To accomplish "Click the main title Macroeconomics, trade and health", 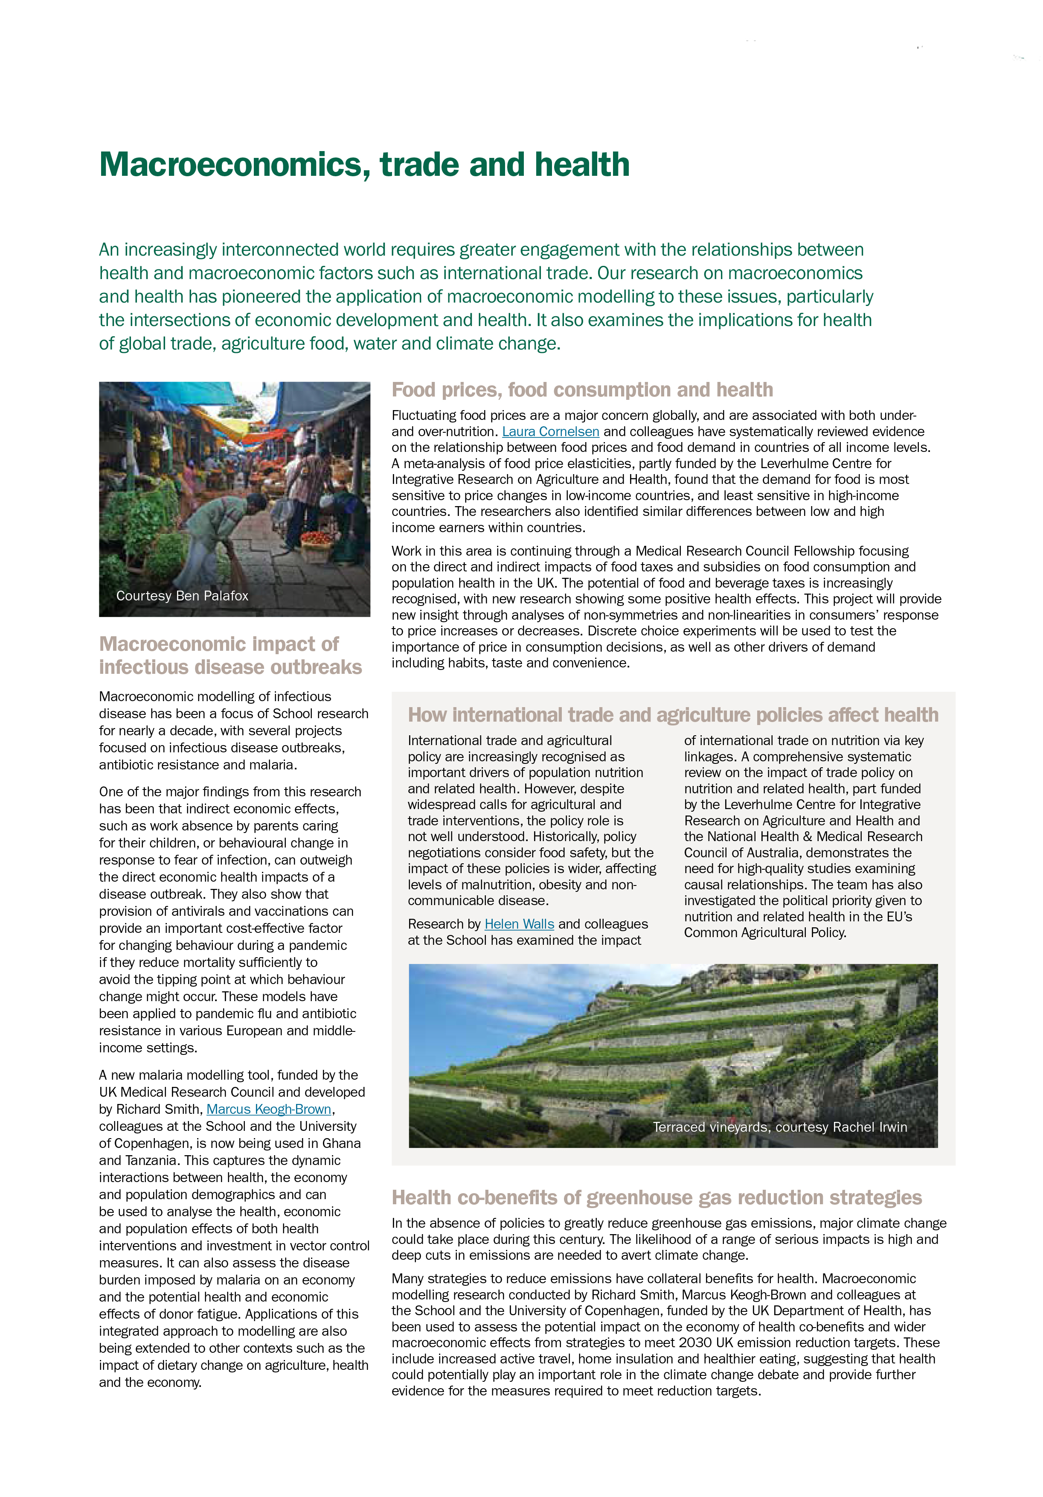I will pos(364,164).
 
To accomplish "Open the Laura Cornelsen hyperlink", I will pos(550,431).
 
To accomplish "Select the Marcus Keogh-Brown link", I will pos(269,1109).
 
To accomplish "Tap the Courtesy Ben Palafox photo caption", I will pos(182,596).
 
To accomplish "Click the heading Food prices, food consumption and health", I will pos(581,390).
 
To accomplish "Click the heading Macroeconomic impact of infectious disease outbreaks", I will pos(230,655).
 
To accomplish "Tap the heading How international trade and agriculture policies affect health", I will pos(673,715).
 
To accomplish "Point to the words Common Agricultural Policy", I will pos(764,932).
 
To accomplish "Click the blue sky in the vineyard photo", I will pos(495,998).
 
